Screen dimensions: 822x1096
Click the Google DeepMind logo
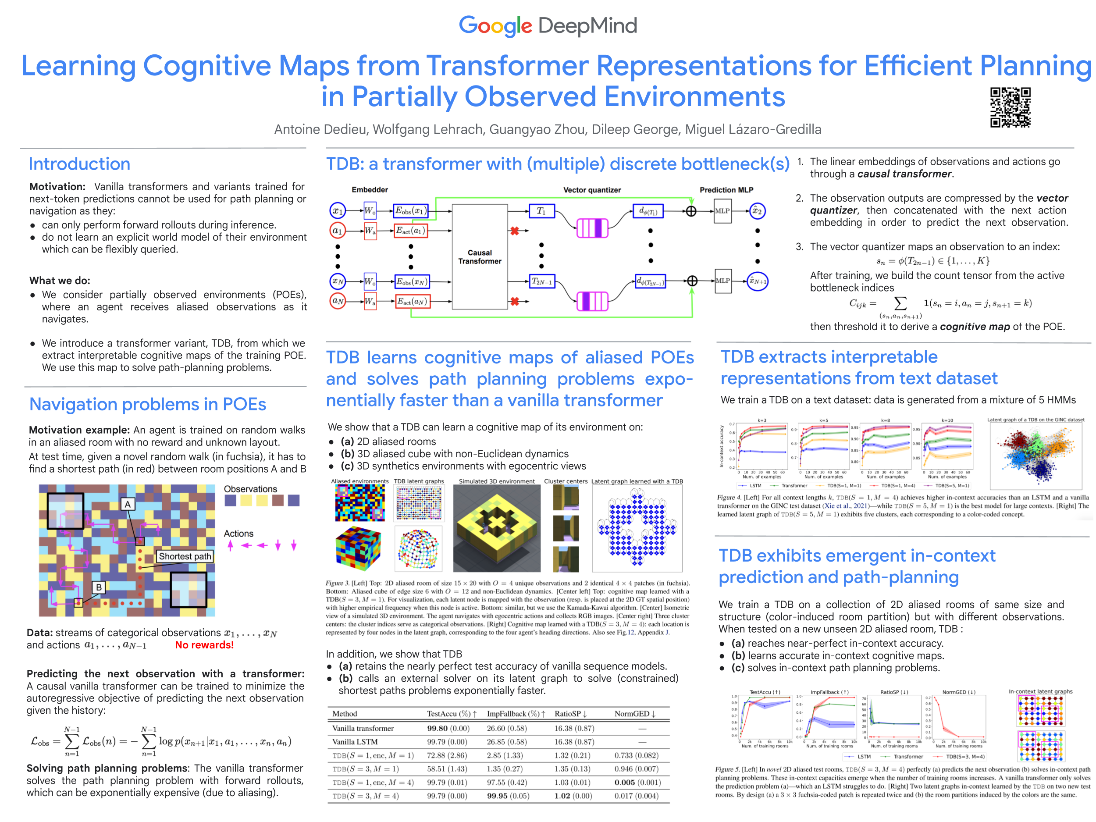point(548,26)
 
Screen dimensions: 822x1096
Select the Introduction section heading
point(79,164)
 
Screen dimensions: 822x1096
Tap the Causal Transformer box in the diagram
point(479,256)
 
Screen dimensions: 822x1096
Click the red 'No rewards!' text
point(204,645)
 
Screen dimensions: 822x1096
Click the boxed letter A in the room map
point(128,505)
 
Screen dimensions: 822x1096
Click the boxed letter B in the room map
point(99,587)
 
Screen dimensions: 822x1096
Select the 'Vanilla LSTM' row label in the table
point(355,742)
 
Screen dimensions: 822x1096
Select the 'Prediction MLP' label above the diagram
point(726,190)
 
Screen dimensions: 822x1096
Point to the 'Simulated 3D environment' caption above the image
point(496,481)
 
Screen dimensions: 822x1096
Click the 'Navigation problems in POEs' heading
point(148,404)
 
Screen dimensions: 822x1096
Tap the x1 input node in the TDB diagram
point(338,210)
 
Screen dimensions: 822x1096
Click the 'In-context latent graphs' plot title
point(1040,691)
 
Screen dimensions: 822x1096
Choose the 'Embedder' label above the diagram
point(370,190)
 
